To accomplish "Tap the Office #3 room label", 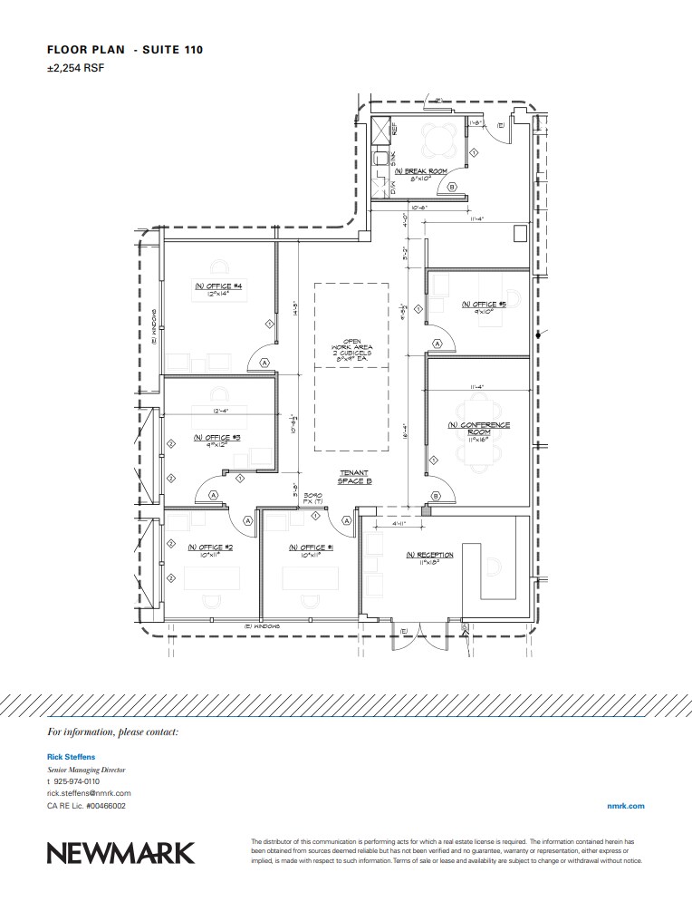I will click(x=216, y=436).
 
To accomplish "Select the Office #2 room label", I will click(x=210, y=548).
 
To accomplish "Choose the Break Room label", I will click(x=420, y=170).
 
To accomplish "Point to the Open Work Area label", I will click(x=351, y=347).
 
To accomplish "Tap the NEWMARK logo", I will click(x=120, y=853).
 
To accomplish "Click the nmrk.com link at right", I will click(x=625, y=805).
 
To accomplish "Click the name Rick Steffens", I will click(x=72, y=755).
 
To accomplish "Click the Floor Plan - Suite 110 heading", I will click(x=124, y=49).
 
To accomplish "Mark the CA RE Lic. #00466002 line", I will click(x=86, y=805).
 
